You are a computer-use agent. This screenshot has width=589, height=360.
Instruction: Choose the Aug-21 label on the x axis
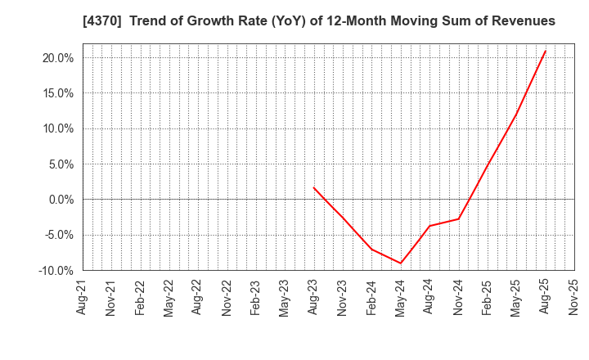(83, 297)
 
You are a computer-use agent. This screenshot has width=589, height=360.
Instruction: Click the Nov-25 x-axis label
(574, 297)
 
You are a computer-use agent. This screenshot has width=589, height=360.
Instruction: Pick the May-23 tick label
(285, 297)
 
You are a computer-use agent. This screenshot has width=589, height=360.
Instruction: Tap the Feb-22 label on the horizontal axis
(141, 297)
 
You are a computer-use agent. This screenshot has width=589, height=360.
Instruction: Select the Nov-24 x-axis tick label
(458, 297)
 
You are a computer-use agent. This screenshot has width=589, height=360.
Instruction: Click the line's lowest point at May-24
(401, 263)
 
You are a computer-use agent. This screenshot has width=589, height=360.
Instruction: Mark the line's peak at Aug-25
(546, 51)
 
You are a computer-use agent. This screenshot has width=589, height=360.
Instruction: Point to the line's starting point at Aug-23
(313, 187)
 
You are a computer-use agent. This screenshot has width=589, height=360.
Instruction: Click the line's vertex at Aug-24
(429, 226)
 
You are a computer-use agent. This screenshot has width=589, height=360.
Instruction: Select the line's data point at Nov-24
(458, 218)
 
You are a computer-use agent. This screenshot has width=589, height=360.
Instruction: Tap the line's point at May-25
(516, 114)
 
